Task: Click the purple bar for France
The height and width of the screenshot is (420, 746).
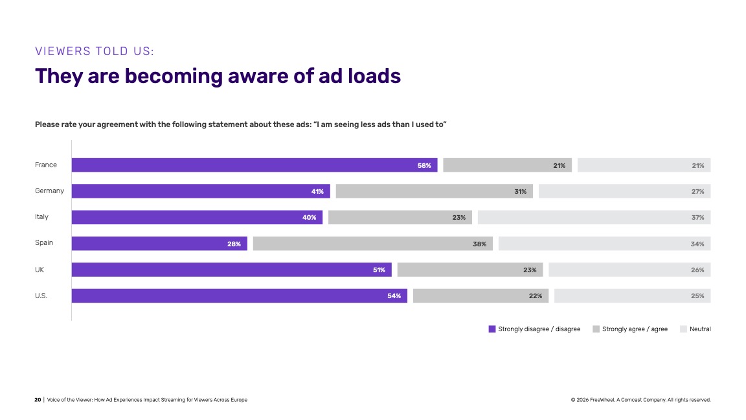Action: [254, 165]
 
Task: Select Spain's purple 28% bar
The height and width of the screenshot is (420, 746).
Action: [159, 244]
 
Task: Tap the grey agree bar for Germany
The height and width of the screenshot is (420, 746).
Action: [434, 191]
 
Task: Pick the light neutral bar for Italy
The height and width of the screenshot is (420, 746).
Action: [594, 217]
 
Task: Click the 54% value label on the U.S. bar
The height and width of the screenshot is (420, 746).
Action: [394, 296]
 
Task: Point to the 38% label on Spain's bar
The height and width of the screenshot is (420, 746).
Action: [479, 244]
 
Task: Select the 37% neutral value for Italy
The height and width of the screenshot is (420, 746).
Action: [697, 218]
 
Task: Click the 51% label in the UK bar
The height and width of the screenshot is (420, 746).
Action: [379, 270]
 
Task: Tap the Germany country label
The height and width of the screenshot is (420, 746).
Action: [49, 191]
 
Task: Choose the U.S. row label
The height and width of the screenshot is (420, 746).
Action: [41, 296]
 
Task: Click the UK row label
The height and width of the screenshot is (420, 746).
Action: [40, 270]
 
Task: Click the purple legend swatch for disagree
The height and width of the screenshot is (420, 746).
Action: [492, 329]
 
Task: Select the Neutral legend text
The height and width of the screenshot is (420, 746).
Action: [700, 329]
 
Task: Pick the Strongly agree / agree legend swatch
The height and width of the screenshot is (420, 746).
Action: [596, 329]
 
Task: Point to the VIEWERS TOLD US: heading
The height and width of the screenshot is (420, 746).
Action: [95, 52]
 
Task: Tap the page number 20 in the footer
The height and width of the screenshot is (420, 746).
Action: [38, 400]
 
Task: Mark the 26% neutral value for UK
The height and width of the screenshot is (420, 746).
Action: [697, 270]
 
